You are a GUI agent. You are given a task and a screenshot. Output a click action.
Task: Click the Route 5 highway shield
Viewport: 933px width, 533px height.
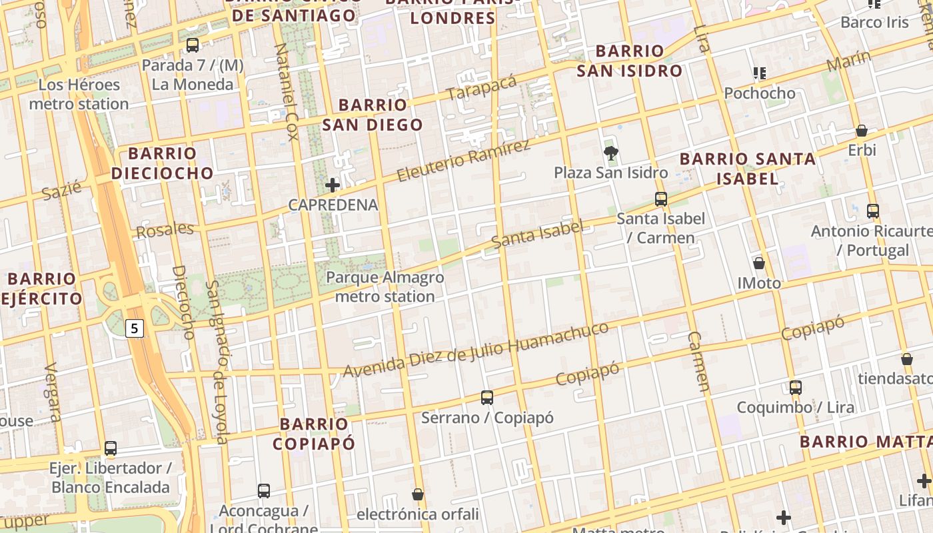coord(135,328)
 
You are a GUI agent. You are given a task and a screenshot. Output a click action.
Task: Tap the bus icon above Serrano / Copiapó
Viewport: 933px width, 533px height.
coord(487,398)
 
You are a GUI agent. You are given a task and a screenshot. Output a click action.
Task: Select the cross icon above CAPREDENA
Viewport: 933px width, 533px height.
coord(333,185)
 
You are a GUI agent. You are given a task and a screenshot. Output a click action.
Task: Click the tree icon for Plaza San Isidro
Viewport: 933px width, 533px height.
coord(610,153)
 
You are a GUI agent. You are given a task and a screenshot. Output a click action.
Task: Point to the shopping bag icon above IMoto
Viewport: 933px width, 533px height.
coord(758,263)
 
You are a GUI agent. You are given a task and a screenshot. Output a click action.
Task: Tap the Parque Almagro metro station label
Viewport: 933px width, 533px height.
coord(385,286)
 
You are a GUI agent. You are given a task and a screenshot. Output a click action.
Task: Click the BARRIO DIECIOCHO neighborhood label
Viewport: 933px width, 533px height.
coord(162,163)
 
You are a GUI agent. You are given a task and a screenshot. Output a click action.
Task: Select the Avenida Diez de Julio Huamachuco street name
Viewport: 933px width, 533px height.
coord(475,350)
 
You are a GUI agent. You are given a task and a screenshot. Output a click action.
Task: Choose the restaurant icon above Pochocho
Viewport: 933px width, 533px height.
coord(760,73)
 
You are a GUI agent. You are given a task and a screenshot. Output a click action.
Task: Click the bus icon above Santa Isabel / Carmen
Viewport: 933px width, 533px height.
coord(660,199)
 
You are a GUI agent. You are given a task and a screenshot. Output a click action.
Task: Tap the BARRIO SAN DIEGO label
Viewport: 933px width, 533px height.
coord(373,115)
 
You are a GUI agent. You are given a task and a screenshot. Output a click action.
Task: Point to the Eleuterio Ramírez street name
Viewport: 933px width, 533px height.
coord(464,161)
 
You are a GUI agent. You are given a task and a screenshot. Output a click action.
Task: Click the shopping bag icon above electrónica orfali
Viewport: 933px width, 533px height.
coord(418,494)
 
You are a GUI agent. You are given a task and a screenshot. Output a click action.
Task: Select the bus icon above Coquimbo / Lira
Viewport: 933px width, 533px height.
coord(795,387)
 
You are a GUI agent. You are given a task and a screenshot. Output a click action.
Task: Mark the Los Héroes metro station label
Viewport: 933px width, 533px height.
coord(79,94)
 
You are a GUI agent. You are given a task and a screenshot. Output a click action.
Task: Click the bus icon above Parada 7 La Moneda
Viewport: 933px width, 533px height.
coord(193,45)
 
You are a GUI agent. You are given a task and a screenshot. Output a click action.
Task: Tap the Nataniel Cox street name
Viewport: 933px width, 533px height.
coord(285,92)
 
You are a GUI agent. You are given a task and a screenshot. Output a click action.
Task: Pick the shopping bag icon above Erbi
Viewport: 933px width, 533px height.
coord(862,131)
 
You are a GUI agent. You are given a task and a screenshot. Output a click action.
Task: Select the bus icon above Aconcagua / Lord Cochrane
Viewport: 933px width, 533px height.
coord(264,491)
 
